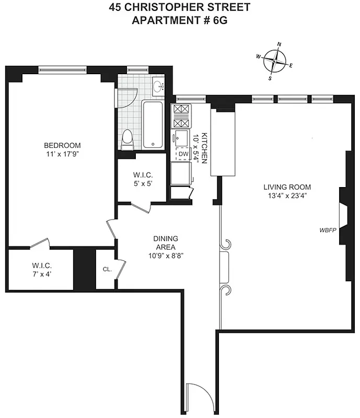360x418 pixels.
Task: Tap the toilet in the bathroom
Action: (126, 139)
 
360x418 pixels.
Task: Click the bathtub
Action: (153, 124)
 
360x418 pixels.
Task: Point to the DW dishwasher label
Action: (183, 154)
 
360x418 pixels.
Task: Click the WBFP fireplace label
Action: (328, 230)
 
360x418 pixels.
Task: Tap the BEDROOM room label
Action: (62, 145)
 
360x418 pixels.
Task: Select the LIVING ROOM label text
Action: (287, 187)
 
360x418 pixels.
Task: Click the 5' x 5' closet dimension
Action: (142, 183)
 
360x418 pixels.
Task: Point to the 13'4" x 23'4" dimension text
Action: (287, 196)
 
